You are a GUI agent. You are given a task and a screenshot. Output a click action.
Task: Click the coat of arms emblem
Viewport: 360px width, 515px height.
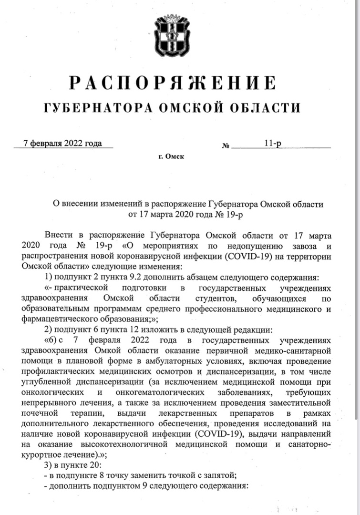coord(172,36)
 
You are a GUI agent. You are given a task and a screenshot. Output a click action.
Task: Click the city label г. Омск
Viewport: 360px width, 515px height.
coord(171,156)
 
